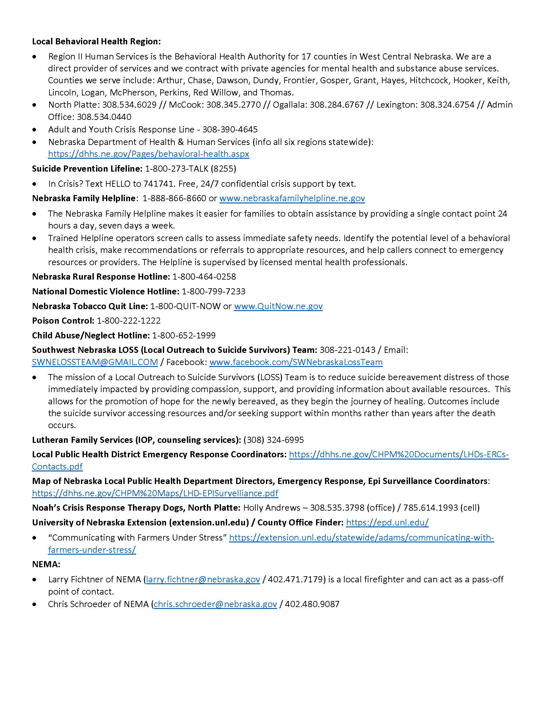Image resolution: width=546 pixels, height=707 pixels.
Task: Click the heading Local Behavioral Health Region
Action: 96,41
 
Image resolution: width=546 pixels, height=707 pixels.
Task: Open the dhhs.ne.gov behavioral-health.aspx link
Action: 148,154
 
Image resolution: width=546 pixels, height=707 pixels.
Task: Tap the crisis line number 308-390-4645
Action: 230,130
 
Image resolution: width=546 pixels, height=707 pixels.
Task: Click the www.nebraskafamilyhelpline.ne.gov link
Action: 292,198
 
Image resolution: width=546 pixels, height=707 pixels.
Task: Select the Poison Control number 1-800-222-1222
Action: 129,321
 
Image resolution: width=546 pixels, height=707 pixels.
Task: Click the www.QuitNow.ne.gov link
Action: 278,306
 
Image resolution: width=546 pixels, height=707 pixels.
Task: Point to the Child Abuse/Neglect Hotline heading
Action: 91,336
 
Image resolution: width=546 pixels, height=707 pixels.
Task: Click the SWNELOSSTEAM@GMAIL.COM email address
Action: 95,362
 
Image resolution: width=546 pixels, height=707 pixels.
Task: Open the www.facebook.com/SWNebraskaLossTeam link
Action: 295,362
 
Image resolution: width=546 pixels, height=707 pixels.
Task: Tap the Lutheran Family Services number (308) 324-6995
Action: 273,440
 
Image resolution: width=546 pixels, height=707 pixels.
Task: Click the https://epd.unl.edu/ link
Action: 387,523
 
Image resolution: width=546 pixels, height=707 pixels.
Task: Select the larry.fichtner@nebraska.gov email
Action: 203,579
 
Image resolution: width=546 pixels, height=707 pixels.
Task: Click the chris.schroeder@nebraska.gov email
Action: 216,604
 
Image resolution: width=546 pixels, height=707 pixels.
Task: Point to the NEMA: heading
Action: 46,564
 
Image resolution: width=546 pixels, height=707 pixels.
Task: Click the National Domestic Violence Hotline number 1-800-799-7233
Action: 214,291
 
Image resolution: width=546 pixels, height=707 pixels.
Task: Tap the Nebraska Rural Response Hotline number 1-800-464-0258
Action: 204,277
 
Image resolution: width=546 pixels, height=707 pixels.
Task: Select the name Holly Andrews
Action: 271,507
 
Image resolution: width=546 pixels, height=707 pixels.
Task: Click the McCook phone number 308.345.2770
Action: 233,105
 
